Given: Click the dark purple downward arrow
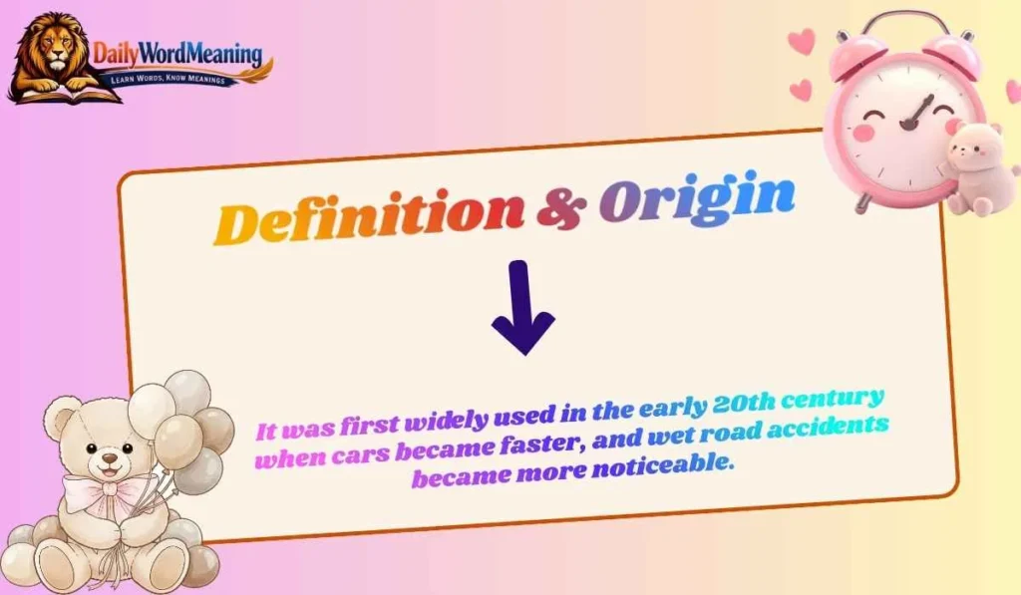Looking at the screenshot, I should tap(522, 308).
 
